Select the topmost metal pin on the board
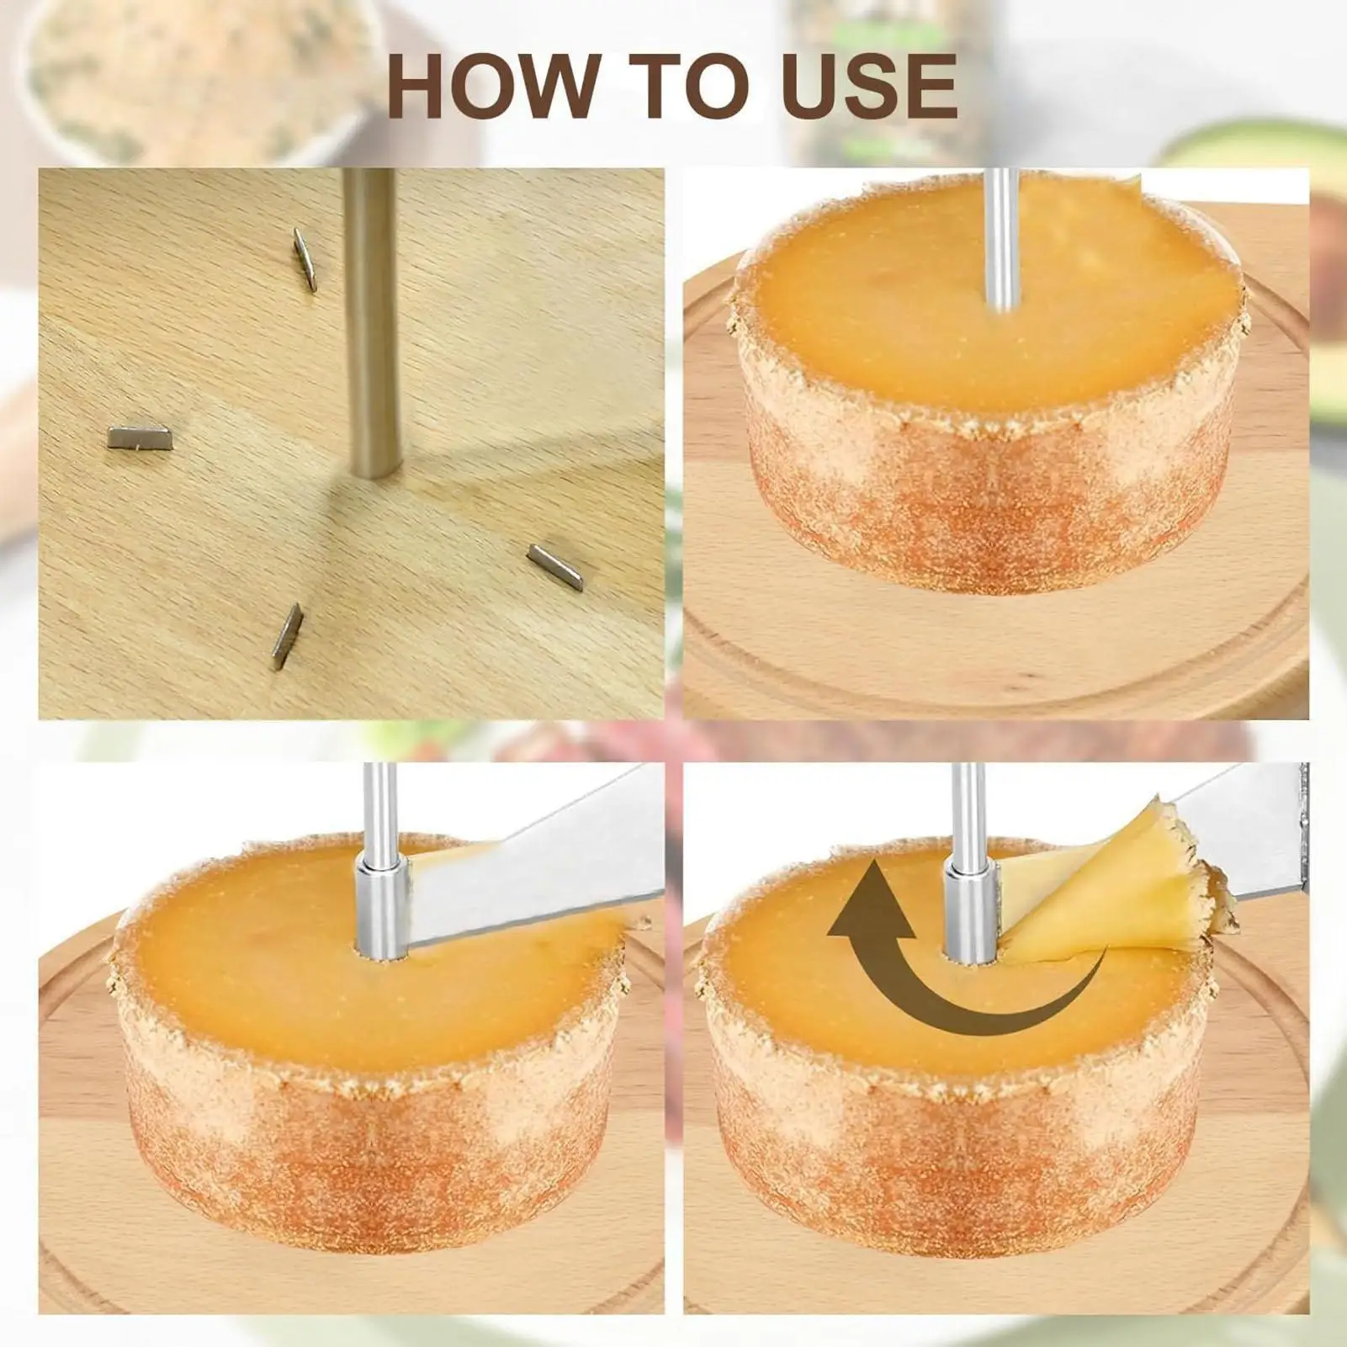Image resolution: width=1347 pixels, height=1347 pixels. coord(305,260)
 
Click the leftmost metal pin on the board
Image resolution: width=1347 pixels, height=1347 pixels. coord(140,438)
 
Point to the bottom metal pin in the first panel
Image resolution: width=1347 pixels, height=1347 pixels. coord(287,636)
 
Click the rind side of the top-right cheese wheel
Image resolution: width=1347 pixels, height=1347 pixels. coord(984,505)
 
